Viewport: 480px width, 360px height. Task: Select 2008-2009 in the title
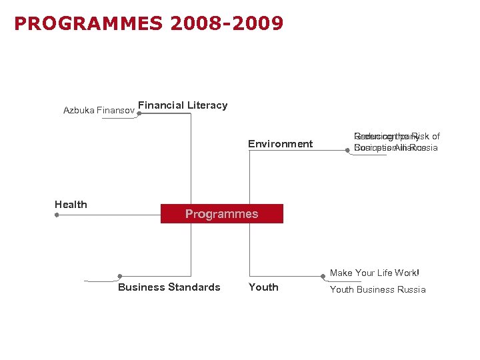pyautogui.click(x=227, y=24)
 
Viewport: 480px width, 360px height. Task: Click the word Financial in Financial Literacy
pyautogui.click(x=161, y=105)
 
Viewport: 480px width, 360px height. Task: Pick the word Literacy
pyautogui.click(x=207, y=105)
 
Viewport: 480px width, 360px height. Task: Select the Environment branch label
pyautogui.click(x=280, y=144)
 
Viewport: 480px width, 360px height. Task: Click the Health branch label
pyautogui.click(x=71, y=205)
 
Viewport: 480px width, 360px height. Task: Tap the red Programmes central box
pyautogui.click(x=221, y=214)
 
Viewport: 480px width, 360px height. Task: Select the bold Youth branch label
pyautogui.click(x=263, y=287)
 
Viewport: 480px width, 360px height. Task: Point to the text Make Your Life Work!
pyautogui.click(x=375, y=273)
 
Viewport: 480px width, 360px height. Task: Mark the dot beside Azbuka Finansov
pyautogui.click(x=138, y=114)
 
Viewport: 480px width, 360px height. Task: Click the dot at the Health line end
pyautogui.click(x=57, y=215)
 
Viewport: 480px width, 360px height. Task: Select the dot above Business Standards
pyautogui.click(x=119, y=276)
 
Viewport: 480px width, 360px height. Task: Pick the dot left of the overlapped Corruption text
pyautogui.click(x=347, y=151)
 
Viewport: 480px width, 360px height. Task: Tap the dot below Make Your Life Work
pyautogui.click(x=323, y=276)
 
